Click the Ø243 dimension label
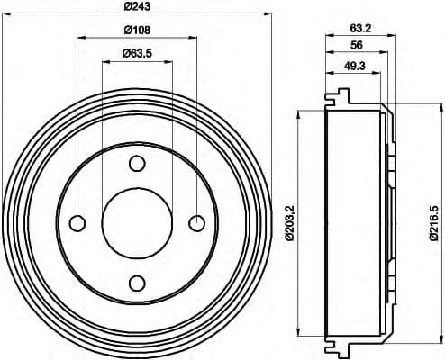point(136,8)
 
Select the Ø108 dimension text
point(136,31)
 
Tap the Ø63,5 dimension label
point(136,54)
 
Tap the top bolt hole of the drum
point(137,164)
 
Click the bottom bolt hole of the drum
point(137,283)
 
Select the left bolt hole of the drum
point(77,223)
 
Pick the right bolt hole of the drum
point(196,223)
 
